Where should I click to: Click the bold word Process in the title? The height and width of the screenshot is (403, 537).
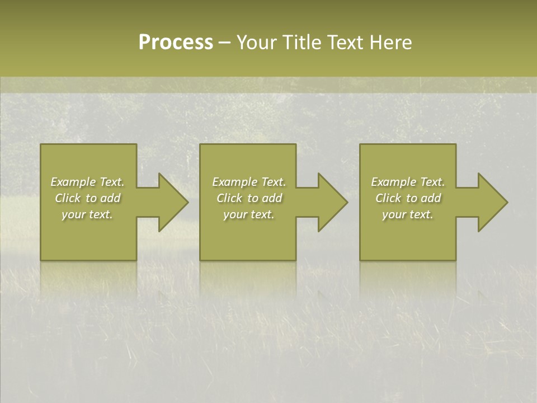(176, 43)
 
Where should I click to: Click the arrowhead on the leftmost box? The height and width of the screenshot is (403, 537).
(171, 202)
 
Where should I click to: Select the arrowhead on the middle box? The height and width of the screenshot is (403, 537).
(331, 202)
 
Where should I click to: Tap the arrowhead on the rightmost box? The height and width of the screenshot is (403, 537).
(491, 202)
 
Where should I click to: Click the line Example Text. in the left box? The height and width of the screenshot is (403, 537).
(88, 182)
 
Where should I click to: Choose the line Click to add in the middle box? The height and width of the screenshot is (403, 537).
(249, 198)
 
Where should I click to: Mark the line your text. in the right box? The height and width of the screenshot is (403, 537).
(408, 214)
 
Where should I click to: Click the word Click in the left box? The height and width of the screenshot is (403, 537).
(68, 198)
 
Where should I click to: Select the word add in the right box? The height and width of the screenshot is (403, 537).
(431, 198)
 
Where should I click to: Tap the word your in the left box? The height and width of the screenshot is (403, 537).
(73, 214)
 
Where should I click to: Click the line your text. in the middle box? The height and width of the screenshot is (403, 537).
(249, 214)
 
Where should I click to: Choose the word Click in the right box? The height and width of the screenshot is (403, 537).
(389, 198)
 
